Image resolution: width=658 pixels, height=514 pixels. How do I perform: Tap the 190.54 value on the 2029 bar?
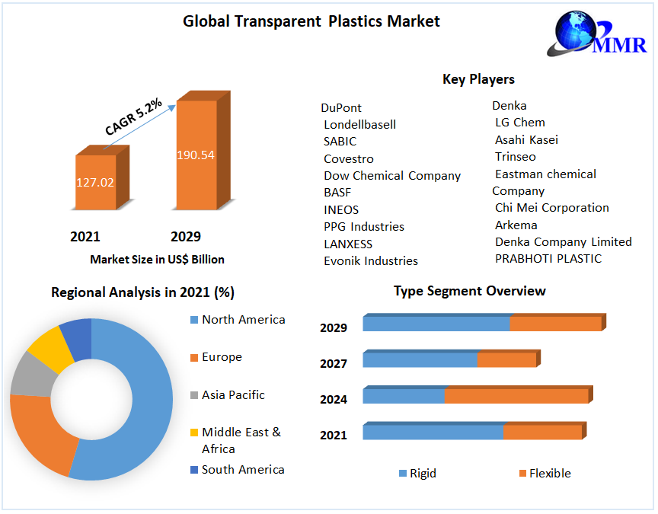[196, 155]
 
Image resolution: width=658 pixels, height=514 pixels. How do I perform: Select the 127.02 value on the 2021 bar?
[95, 183]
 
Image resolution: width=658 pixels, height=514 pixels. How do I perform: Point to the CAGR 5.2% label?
[134, 118]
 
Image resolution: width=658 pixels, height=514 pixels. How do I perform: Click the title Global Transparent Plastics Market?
[311, 21]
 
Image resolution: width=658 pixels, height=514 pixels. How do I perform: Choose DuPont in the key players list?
[341, 107]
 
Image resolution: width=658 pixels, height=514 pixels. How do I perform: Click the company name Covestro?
[349, 158]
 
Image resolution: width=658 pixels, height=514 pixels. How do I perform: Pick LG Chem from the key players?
[519, 122]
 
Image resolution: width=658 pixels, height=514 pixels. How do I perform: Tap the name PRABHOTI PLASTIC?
[548, 258]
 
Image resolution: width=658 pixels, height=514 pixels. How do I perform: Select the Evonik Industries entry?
[371, 260]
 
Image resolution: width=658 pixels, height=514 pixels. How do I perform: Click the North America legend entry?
[243, 320]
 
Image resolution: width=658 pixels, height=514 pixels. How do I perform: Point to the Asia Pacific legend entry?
[233, 394]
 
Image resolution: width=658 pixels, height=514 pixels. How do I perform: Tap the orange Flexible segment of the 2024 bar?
[516, 396]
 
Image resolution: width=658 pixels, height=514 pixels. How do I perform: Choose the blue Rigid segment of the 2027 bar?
[420, 359]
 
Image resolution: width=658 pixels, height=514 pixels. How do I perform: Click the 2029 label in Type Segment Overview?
[334, 327]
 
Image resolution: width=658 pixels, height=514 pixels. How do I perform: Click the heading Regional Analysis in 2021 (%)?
[142, 292]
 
